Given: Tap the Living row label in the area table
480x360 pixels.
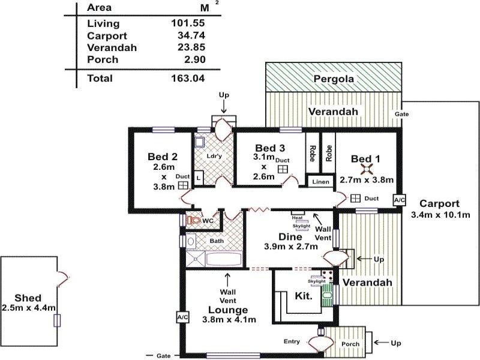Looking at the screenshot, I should pyautogui.click(x=103, y=24).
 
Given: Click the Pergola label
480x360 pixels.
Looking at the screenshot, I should pyautogui.click(x=334, y=79).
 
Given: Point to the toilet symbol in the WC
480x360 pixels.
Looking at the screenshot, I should pyautogui.click(x=193, y=221).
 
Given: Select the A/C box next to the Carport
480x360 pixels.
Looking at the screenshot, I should pyautogui.click(x=400, y=200).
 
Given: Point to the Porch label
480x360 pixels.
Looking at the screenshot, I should pyautogui.click(x=350, y=344).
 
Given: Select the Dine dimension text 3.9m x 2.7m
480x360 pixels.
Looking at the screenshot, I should pyautogui.click(x=290, y=246).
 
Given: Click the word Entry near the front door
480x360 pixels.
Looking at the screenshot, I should pyautogui.click(x=292, y=341).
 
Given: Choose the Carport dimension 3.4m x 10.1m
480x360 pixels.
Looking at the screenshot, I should pyautogui.click(x=440, y=214).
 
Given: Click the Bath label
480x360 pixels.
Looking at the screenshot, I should pyautogui.click(x=216, y=241).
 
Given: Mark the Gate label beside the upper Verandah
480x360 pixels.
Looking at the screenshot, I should pyautogui.click(x=402, y=114).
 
